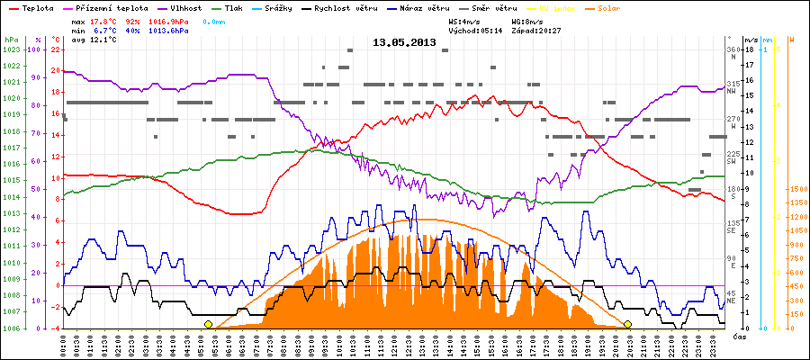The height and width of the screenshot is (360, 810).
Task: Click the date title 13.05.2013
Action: [404, 42]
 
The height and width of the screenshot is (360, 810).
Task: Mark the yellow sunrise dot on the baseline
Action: [209, 324]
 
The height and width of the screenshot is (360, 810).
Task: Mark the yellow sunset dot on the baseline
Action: [627, 324]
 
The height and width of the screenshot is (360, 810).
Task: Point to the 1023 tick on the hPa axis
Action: [11, 49]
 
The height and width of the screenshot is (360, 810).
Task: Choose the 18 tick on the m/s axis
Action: [751, 49]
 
